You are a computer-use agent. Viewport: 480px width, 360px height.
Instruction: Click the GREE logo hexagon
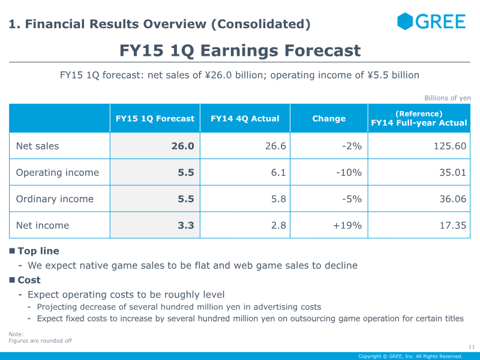404,21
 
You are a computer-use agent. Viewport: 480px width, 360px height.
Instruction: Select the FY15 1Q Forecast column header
155,118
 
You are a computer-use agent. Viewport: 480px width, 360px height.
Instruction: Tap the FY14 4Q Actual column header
245,118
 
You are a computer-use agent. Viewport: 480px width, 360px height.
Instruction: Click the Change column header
329,118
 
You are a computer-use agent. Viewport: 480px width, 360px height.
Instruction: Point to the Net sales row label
37,146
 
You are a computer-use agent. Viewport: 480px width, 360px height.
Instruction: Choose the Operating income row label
58,173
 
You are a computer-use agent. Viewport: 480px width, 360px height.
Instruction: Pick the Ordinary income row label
55,199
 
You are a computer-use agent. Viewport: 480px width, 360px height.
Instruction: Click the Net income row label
43,226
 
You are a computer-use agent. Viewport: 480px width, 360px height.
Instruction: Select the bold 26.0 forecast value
183,146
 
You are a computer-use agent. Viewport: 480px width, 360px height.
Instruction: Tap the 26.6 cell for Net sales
275,146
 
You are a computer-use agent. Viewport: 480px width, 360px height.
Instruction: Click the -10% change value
349,173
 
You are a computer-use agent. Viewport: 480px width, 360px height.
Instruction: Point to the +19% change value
347,226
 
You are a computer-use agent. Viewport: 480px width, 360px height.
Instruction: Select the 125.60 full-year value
450,146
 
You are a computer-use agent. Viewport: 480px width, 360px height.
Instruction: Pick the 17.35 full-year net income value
453,226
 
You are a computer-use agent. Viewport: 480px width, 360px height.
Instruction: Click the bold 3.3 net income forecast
186,226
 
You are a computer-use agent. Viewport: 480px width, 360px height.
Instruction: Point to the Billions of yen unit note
448,98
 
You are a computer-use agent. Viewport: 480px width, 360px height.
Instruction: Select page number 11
472,347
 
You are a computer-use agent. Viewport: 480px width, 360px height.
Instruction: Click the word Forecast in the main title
323,50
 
